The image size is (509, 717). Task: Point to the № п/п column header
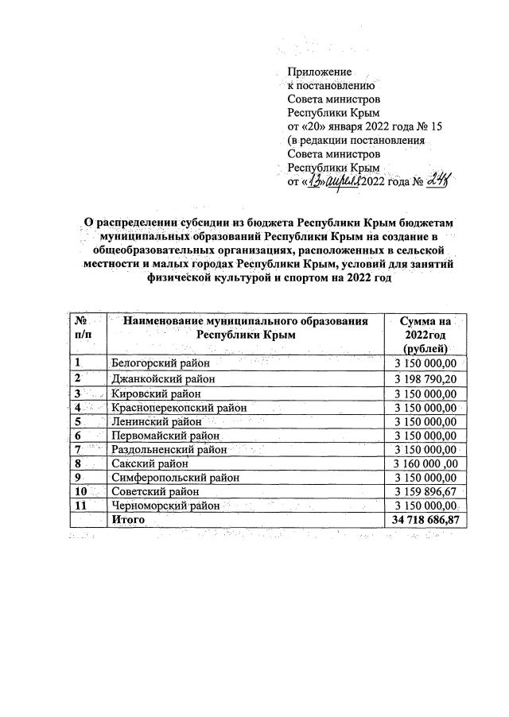[84, 327]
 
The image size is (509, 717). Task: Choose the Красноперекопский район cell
[179, 407]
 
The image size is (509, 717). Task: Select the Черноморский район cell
[165, 506]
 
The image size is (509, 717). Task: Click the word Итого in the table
[127, 520]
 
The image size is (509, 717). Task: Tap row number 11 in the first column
[80, 506]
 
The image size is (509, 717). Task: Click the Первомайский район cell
[165, 436]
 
